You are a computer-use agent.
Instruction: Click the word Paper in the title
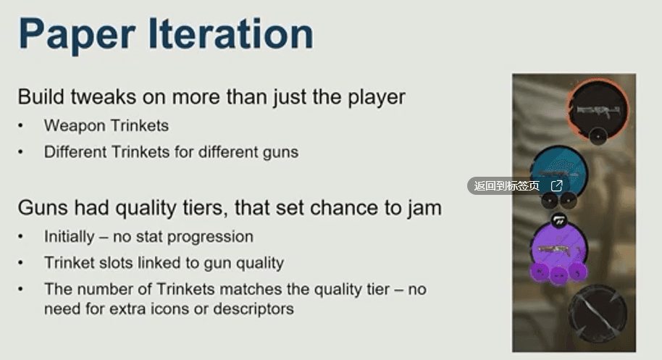pyautogui.click(x=77, y=35)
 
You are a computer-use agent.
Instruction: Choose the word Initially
pyautogui.click(x=70, y=237)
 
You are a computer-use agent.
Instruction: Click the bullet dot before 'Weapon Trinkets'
pyautogui.click(x=20, y=126)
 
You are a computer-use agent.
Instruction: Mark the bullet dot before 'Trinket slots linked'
pyautogui.click(x=20, y=263)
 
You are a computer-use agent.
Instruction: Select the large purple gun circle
pyautogui.click(x=558, y=249)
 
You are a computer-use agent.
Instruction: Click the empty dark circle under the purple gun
pyautogui.click(x=598, y=314)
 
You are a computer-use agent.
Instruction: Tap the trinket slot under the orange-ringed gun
pyautogui.click(x=598, y=136)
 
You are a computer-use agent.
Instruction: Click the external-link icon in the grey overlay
pyautogui.click(x=557, y=185)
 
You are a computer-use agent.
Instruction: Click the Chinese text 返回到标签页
pyautogui.click(x=506, y=186)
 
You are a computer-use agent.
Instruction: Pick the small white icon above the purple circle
pyautogui.click(x=559, y=220)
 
